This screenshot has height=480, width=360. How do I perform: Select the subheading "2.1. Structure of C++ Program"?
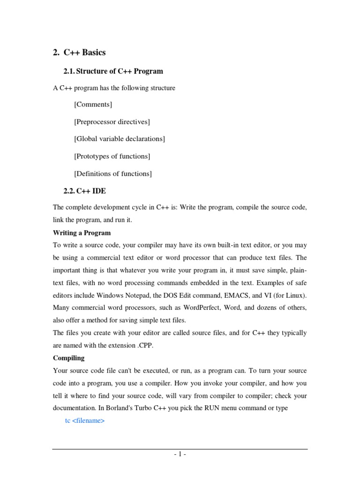(113, 71)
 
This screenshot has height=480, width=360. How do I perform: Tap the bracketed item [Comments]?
(93, 105)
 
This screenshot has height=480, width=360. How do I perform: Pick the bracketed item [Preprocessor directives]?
(112, 122)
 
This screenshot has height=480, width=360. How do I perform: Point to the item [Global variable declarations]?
(120, 139)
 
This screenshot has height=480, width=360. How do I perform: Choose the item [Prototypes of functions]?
(112, 156)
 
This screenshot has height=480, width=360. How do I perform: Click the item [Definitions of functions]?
(113, 173)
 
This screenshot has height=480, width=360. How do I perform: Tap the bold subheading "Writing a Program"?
(82, 233)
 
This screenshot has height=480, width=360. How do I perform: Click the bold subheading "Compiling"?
(69, 358)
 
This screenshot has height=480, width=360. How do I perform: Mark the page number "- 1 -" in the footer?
(180, 454)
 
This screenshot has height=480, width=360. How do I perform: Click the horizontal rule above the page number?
(180, 449)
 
